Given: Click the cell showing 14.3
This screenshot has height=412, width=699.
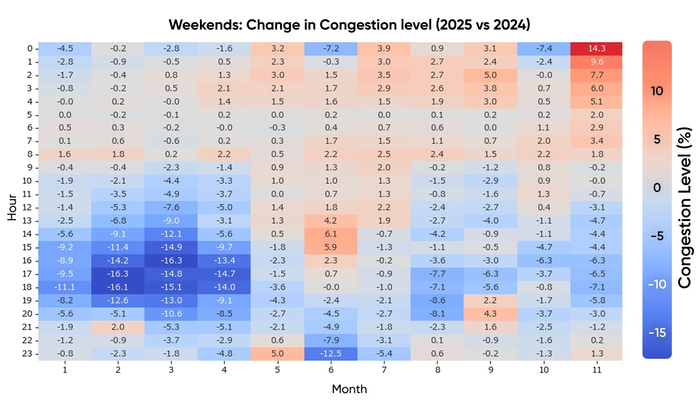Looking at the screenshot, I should point(596,48).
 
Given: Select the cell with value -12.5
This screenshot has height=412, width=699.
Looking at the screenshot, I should point(331,353).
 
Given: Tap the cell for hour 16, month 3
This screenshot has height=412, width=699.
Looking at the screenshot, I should point(171,260).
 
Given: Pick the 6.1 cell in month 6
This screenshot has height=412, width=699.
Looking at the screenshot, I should point(331,234).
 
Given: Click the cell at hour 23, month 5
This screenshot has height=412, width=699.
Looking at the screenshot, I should point(277,353).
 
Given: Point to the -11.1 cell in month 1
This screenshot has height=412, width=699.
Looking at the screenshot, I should point(65,287).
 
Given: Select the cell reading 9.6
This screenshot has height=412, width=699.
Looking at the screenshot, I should point(596,62).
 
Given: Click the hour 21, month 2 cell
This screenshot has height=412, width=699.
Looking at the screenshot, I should point(118,327).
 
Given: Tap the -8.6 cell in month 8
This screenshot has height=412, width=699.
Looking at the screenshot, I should point(437,300).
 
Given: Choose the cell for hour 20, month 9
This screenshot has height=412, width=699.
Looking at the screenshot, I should point(490,314).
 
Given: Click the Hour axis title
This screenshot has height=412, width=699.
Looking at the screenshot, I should point(12,207).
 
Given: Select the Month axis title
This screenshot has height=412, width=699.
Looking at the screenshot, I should point(349,389).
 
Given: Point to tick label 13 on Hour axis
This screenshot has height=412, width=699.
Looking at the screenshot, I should point(27,221).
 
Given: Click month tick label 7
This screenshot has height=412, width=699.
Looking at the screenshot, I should point(384,370).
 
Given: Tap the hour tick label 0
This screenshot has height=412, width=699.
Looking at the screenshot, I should point(30,48).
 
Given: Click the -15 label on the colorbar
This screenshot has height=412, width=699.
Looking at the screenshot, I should point(657,333).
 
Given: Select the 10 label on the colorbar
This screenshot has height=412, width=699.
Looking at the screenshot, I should point(657,91).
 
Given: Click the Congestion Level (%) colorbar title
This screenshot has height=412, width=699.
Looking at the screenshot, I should point(684,207).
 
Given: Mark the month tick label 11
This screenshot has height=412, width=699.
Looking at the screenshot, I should point(597,370).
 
